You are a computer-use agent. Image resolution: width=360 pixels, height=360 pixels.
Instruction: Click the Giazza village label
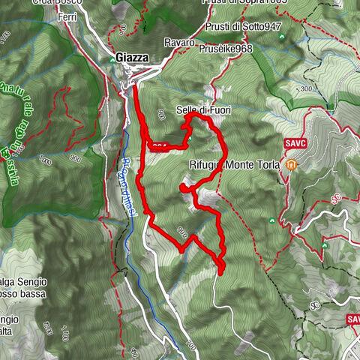pos(131,57)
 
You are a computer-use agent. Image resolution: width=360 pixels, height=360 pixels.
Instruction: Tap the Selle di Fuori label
pos(203,110)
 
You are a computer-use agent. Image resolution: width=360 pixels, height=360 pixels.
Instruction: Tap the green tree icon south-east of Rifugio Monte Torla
pos(271,221)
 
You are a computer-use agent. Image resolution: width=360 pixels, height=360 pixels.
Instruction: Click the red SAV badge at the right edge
pos(353,319)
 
